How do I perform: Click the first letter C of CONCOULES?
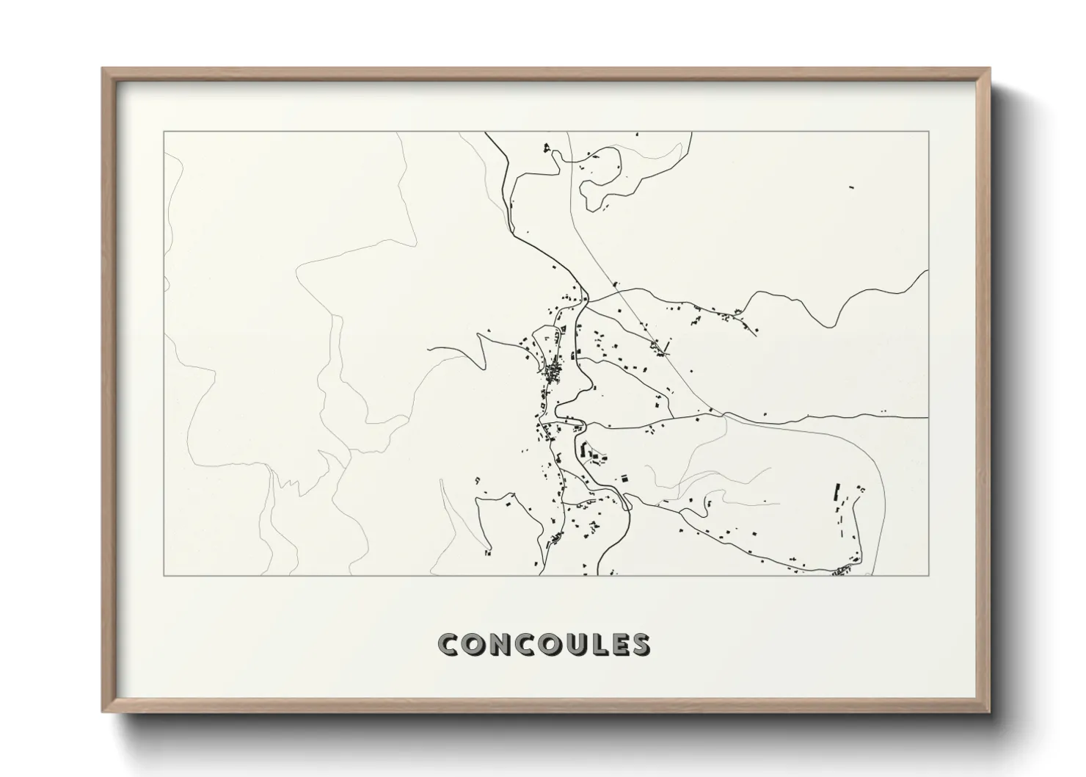coord(448,644)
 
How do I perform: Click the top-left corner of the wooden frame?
coord(103,68)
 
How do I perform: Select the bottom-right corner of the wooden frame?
coord(990,712)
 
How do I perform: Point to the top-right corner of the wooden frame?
coord(990,68)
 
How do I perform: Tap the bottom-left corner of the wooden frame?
coord(103,712)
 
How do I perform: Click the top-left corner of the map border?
coord(164,131)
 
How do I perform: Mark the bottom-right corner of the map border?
coord(929,576)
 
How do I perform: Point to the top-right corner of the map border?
coord(929,131)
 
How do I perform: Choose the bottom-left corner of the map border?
coord(164,576)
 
